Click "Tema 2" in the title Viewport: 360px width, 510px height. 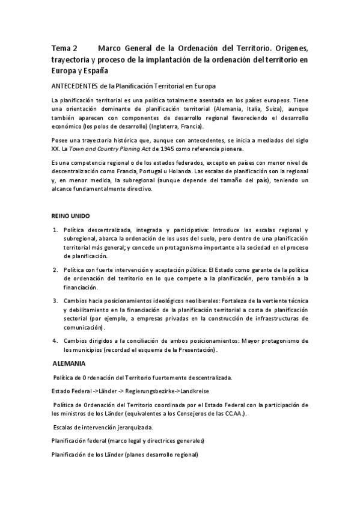pos(64,48)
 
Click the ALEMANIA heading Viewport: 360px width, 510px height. pos(69,364)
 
